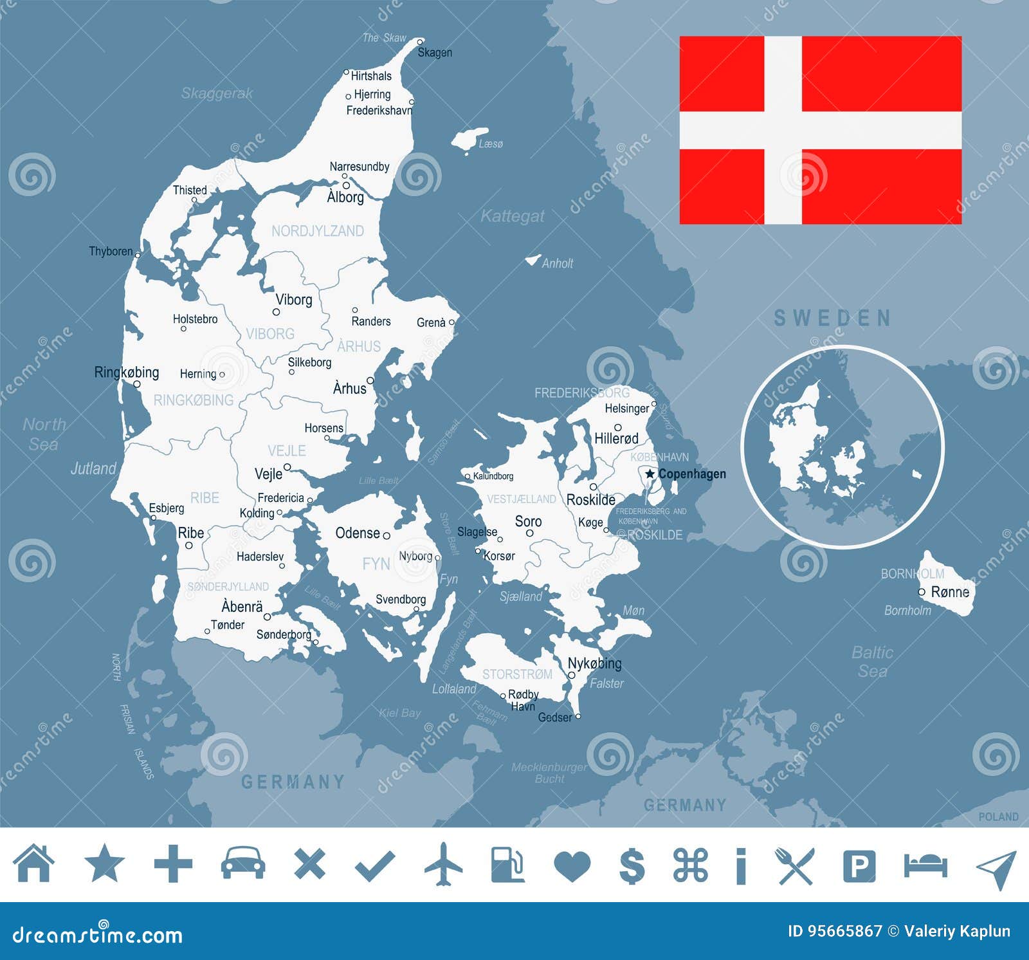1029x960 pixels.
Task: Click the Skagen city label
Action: pyautogui.click(x=435, y=53)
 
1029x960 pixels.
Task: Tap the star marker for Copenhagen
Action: pyautogui.click(x=650, y=474)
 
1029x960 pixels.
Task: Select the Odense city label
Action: pyautogui.click(x=358, y=533)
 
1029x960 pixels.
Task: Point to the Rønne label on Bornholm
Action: pyautogui.click(x=950, y=592)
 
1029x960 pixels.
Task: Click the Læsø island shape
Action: pyautogui.click(x=469, y=140)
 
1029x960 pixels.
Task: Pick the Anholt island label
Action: pyautogui.click(x=557, y=263)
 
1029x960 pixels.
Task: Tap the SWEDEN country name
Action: pyautogui.click(x=833, y=318)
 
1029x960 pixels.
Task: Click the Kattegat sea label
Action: pyautogui.click(x=513, y=216)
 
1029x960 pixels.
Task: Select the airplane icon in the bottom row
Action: pyautogui.click(x=443, y=863)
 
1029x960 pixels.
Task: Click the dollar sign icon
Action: pyautogui.click(x=632, y=864)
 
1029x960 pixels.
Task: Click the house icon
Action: pyautogui.click(x=34, y=863)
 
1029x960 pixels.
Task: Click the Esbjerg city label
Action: pyautogui.click(x=167, y=508)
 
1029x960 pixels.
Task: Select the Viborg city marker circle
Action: pyautogui.click(x=277, y=312)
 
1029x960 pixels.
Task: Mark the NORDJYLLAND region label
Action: pyautogui.click(x=318, y=231)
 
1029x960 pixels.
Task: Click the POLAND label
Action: pyautogui.click(x=998, y=817)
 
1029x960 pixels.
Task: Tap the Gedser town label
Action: pyautogui.click(x=554, y=717)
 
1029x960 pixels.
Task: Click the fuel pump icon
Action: pyautogui.click(x=507, y=864)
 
